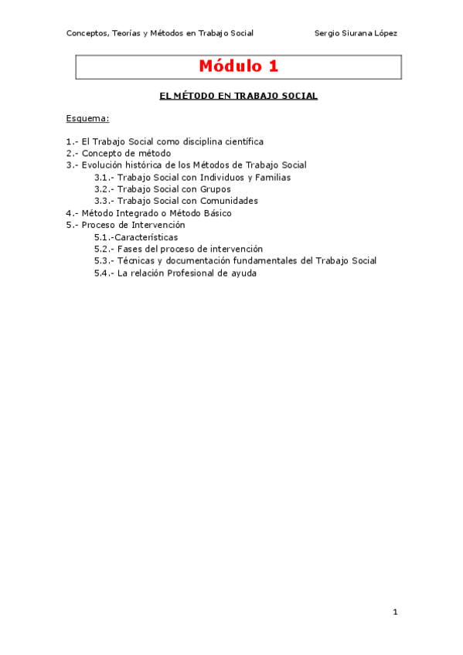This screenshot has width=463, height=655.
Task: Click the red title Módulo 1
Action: click(x=238, y=66)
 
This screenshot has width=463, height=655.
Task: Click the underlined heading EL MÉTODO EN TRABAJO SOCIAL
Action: click(x=238, y=97)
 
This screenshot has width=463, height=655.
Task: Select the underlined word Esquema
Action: click(x=87, y=119)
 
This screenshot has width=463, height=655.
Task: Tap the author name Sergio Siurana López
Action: click(x=356, y=33)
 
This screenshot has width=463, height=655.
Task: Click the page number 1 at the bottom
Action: click(x=395, y=613)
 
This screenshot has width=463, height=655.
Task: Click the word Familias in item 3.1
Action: click(x=271, y=178)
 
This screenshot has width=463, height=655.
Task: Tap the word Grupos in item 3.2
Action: click(x=214, y=189)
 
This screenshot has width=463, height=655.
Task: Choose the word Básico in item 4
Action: click(x=214, y=213)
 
